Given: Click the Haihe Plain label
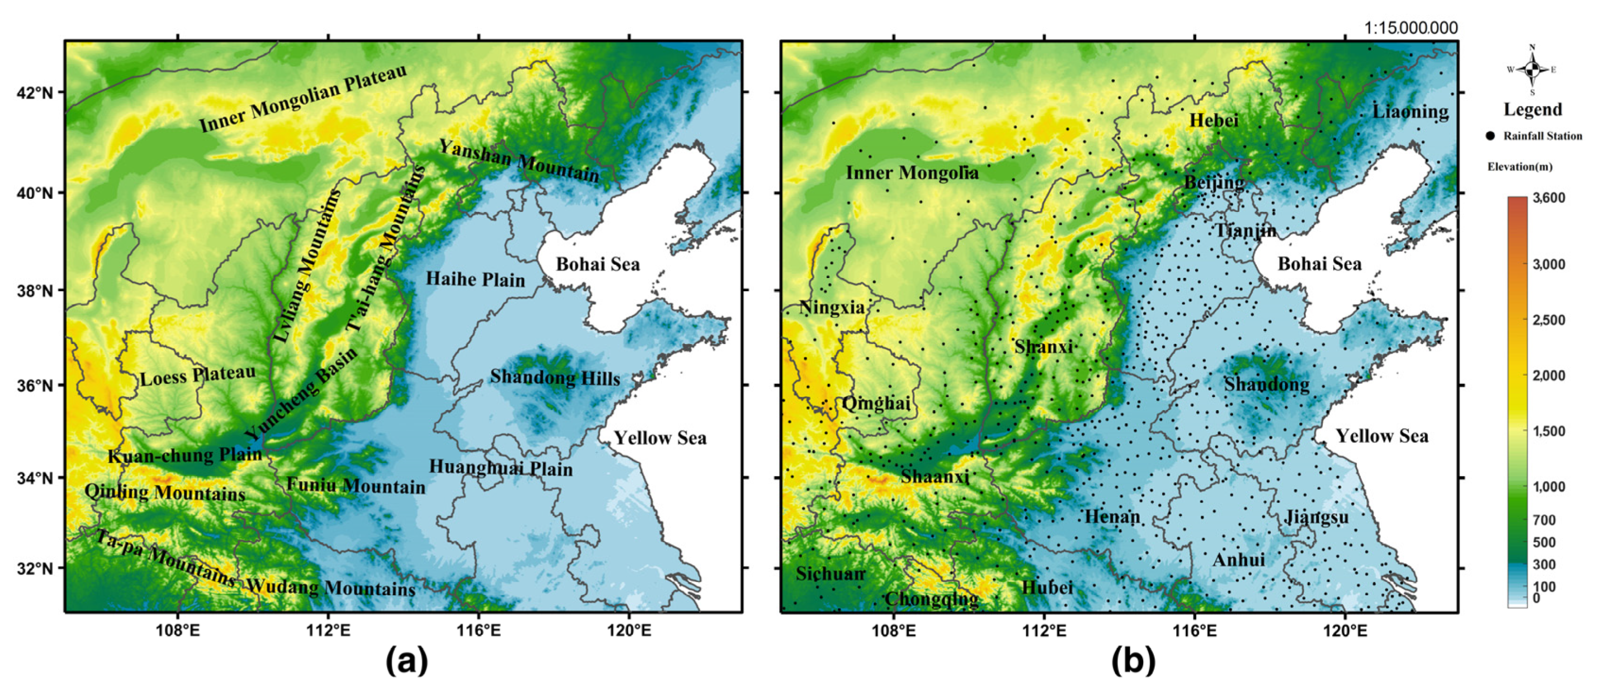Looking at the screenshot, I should click(475, 279).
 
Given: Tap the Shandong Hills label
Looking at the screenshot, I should click(555, 377).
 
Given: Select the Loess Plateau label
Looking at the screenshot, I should click(198, 376).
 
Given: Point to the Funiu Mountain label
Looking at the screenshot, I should click(356, 485).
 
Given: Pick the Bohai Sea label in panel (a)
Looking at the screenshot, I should click(598, 264).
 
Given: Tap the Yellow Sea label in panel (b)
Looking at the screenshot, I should click(1382, 436).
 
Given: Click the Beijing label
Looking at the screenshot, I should click(1214, 183).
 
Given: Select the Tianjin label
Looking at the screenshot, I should click(1245, 231).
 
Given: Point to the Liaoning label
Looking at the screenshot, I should click(1410, 112).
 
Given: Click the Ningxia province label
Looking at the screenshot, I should click(831, 307).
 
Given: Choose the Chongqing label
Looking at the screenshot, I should click(931, 599).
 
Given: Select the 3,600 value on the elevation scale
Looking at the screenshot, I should click(1548, 198).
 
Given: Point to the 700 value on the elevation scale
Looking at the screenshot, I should click(1544, 519).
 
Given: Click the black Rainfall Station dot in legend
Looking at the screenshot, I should click(1490, 136).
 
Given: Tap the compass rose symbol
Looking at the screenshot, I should click(1532, 70).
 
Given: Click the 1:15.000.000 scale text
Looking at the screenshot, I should click(1410, 28).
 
